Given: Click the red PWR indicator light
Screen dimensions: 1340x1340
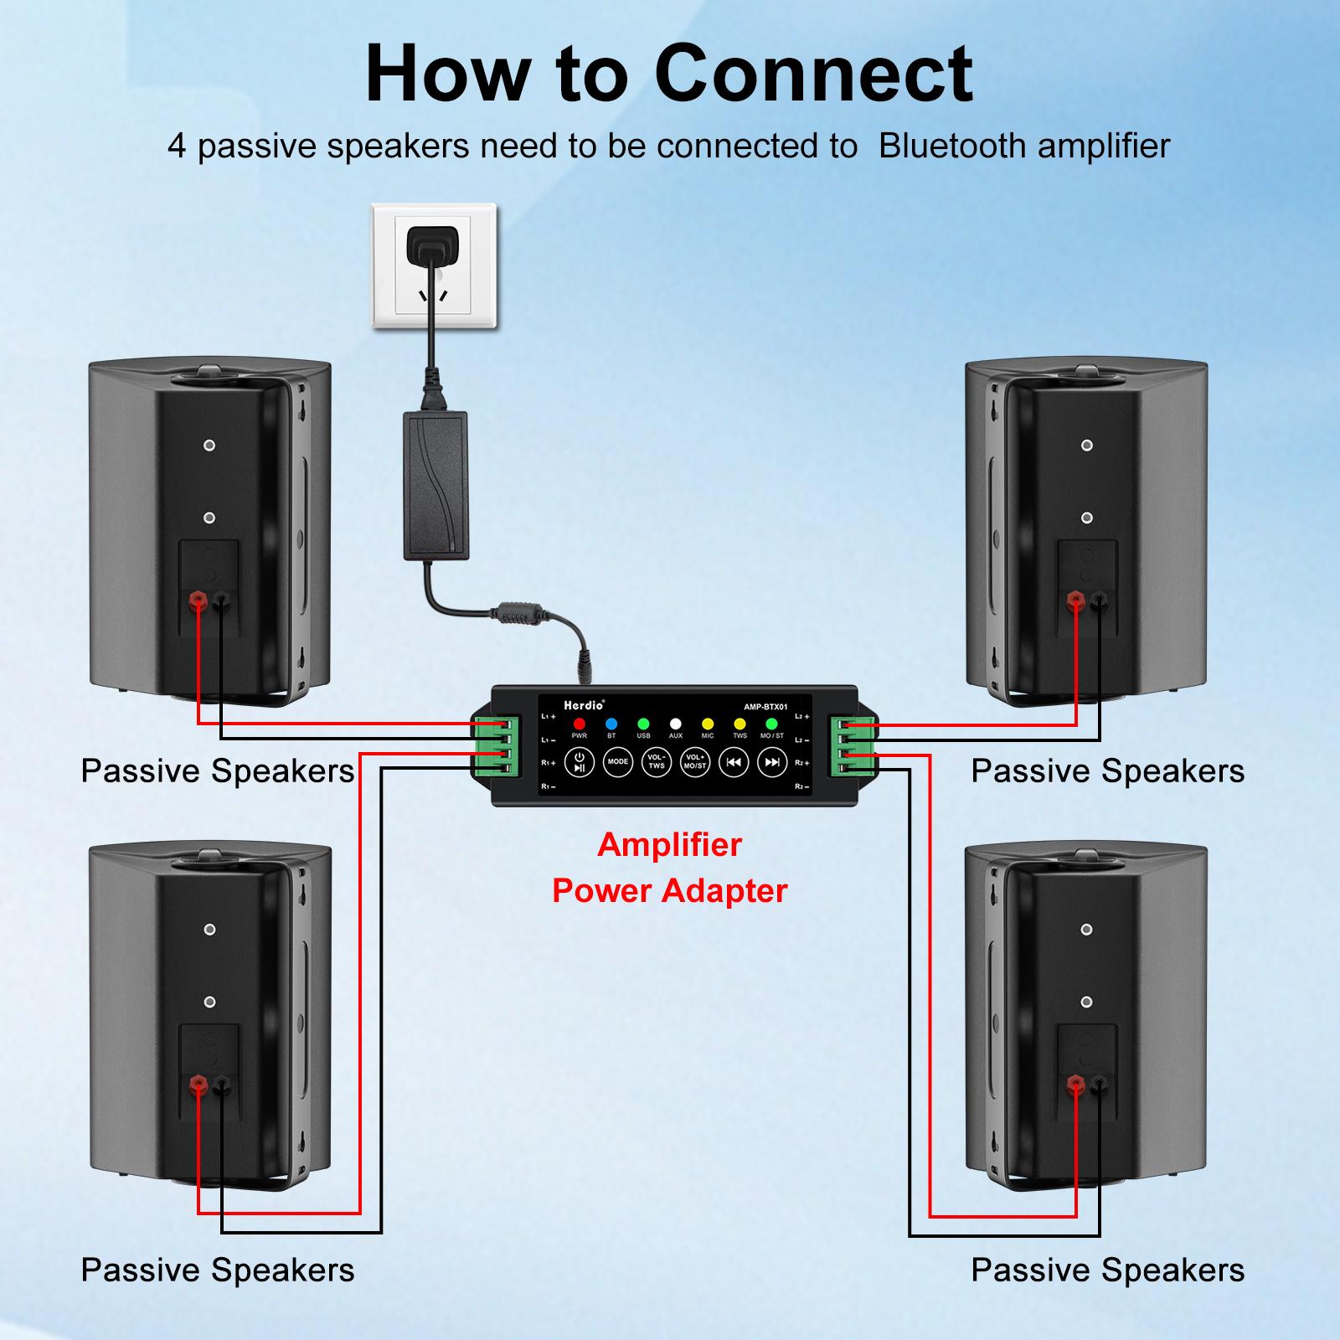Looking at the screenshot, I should click(x=579, y=724).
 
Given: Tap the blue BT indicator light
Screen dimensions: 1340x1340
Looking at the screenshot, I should click(x=611, y=724).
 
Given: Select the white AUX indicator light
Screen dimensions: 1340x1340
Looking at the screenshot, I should click(x=675, y=724).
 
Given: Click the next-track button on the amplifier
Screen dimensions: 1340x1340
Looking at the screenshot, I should click(x=771, y=762).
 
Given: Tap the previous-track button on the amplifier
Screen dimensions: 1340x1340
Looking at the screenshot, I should click(x=733, y=762).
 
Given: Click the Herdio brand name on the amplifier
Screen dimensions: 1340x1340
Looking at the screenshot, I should click(x=583, y=705).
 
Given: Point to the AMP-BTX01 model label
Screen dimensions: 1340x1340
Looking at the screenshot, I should click(x=765, y=706).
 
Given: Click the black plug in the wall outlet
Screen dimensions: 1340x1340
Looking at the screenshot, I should click(x=431, y=246).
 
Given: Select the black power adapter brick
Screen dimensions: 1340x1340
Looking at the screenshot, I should click(x=435, y=486).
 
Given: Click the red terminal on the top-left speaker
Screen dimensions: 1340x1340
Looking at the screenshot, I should click(x=198, y=600).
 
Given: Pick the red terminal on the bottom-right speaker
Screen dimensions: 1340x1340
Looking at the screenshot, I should click(x=1075, y=1087).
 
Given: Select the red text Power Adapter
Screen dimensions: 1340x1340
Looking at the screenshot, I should click(x=669, y=890).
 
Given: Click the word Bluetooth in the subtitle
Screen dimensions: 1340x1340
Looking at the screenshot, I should click(x=951, y=146).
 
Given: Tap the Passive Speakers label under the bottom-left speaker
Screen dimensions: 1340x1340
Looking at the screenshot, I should click(x=218, y=1270).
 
